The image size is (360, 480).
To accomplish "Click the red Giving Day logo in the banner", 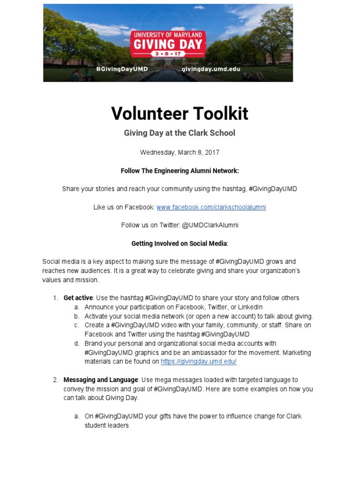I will tap(168, 44).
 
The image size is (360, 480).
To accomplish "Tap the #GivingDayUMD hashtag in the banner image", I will tap(122, 68).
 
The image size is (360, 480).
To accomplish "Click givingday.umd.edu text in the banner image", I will tap(210, 68).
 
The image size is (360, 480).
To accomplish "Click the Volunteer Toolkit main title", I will tap(180, 114).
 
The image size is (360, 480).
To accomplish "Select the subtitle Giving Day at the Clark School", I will tap(180, 133).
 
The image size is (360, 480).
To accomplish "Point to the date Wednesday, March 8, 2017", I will tap(180, 152).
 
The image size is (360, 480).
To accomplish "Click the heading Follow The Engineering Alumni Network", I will tap(180, 171).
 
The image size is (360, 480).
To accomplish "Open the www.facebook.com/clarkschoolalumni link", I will tap(211, 207).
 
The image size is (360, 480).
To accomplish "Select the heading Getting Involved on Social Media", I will tap(180, 243).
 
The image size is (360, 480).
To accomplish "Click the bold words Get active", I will tap(78, 298).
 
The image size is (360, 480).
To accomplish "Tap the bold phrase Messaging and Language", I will tap(100, 380).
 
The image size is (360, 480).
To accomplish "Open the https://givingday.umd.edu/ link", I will tap(198, 361).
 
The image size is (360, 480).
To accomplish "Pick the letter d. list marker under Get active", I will tap(76, 344).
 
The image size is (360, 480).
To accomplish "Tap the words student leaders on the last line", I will tap(106, 425).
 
